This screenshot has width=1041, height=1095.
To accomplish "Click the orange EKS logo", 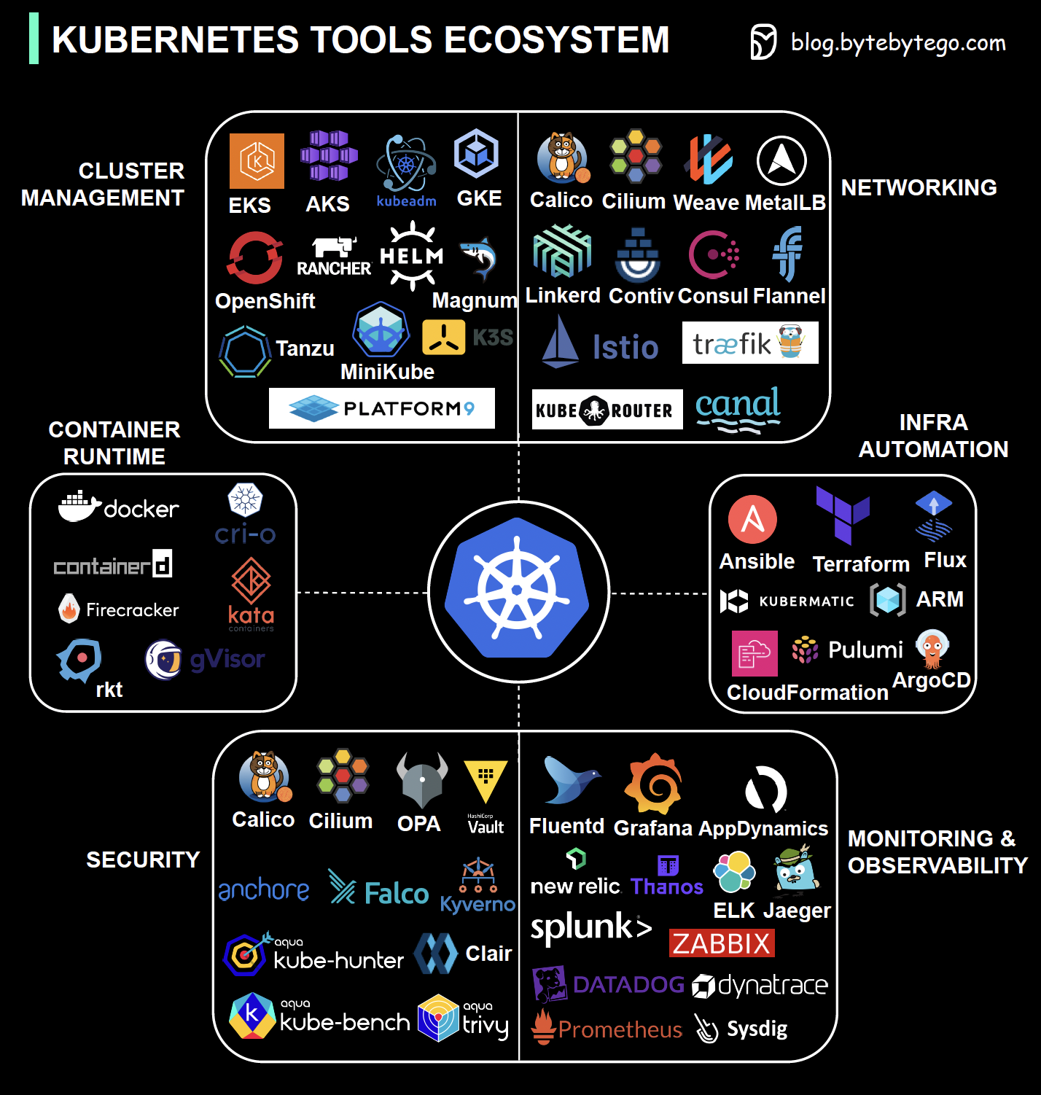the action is tap(257, 161).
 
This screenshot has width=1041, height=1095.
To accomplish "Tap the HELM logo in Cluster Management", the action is tap(412, 257).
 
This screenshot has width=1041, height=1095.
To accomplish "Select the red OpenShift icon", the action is tap(254, 257).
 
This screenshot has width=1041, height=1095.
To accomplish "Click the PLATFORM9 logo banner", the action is tap(382, 408).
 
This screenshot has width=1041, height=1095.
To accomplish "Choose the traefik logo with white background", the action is tap(750, 343).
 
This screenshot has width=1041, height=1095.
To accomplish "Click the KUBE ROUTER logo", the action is tap(607, 410).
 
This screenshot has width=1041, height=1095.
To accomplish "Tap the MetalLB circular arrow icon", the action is tap(781, 161).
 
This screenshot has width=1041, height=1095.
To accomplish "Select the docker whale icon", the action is tap(79, 506).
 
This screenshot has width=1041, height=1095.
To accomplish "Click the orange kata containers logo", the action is tap(252, 581).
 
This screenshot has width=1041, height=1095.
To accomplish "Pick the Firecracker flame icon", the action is tap(69, 608).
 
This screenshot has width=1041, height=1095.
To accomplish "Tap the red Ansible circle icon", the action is tap(752, 520).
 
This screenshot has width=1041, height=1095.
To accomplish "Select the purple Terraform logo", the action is tap(843, 515).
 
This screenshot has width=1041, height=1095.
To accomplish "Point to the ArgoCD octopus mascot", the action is tap(932, 648).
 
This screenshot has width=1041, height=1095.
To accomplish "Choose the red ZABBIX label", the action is tap(722, 943).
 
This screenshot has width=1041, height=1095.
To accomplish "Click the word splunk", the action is tap(582, 927).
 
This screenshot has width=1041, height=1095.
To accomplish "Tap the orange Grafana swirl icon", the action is tap(654, 784).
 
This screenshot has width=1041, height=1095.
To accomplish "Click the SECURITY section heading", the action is tap(143, 860).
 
